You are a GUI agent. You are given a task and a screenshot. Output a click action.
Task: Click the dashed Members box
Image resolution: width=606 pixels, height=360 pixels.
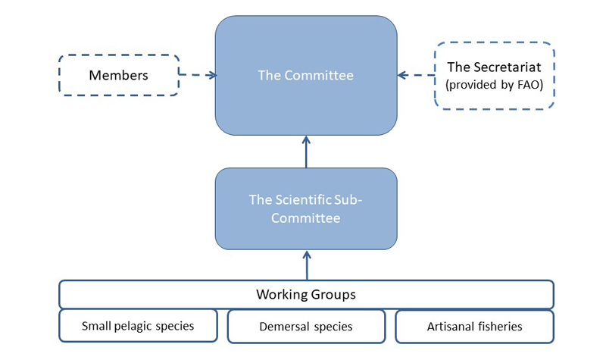click(118, 75)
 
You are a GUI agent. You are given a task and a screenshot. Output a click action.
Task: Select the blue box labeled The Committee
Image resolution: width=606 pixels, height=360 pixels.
click(306, 75)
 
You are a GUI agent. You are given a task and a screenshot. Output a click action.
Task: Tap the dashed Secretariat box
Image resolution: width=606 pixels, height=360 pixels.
click(495, 75)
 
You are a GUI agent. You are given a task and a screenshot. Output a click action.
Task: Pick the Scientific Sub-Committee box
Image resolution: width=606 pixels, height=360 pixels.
click(306, 208)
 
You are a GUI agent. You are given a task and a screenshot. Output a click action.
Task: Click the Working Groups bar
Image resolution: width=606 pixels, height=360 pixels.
click(306, 294)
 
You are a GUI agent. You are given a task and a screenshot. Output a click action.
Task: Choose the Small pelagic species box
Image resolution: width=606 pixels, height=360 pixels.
click(138, 327)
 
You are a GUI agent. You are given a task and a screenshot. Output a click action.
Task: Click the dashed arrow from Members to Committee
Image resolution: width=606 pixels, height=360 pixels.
click(198, 75)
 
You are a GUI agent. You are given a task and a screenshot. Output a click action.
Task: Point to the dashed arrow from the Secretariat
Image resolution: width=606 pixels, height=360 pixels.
click(416, 75)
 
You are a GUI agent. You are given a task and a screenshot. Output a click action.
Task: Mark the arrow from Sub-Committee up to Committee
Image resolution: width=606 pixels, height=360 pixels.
click(306, 152)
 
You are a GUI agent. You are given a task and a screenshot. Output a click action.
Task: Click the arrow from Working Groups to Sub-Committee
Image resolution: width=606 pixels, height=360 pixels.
click(306, 265)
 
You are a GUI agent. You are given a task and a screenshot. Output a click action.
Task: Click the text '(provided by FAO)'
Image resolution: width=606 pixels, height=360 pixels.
click(495, 84)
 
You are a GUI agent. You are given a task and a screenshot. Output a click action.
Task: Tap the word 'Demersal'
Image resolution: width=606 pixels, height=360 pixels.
click(284, 327)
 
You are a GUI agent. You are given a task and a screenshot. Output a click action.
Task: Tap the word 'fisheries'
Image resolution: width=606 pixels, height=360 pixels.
click(499, 327)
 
